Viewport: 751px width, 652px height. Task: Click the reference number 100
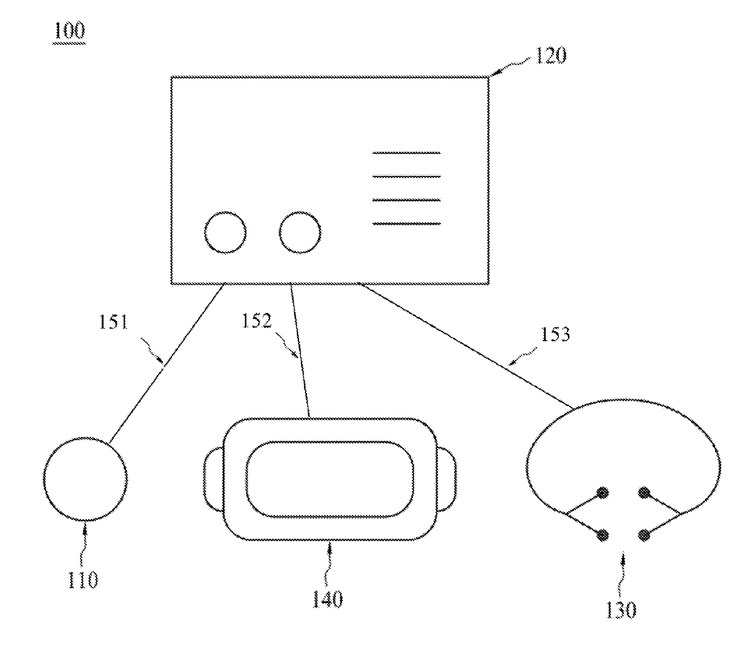[69, 30]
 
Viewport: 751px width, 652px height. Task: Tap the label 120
[550, 56]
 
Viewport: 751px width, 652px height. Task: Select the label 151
[114, 322]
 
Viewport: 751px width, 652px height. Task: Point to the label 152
[257, 321]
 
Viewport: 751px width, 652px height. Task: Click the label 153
[556, 334]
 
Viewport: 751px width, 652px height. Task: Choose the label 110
[83, 580]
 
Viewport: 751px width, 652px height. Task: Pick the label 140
[328, 599]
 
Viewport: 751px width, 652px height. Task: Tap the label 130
[621, 610]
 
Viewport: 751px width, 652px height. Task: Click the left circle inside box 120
[225, 232]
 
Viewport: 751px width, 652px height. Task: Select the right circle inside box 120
[300, 232]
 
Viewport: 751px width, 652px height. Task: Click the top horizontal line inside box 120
[406, 153]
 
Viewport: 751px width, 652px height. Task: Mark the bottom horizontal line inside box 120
[406, 224]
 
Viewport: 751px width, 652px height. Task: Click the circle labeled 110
[85, 479]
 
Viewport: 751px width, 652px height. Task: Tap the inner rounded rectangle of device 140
[330, 479]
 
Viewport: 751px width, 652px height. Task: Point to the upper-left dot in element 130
[603, 493]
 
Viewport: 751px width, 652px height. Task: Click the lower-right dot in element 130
[644, 535]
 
